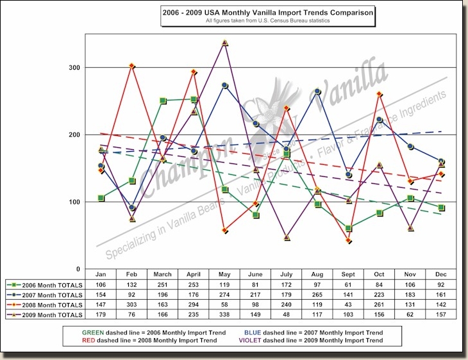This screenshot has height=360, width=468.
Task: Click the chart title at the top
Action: coord(267,12)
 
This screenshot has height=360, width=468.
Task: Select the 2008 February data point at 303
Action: coord(131,66)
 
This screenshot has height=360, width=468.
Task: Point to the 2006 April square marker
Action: coord(194,99)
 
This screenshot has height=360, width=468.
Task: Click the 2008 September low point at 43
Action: coord(349,241)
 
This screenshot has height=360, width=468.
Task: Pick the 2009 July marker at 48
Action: coord(287,238)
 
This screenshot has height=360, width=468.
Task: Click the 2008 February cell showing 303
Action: coord(132,304)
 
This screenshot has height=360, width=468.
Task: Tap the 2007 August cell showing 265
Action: coord(318,294)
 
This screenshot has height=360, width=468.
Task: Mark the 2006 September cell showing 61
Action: coord(349,284)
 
